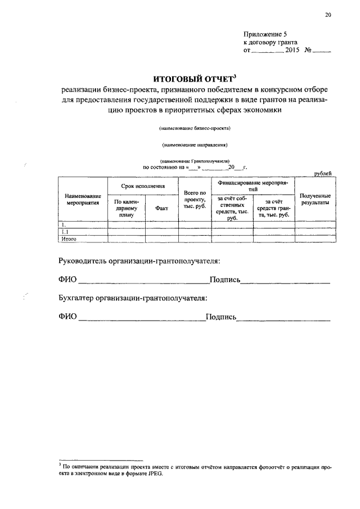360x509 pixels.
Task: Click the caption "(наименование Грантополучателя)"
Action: pos(195,161)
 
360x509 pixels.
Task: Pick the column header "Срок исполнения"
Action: pos(143,185)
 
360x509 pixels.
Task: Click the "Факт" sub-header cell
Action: pos(161,208)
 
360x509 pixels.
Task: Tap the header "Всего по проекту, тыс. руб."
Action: pos(194,200)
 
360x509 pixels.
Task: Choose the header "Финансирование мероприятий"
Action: pos(253,186)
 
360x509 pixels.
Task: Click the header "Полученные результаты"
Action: pos(316,199)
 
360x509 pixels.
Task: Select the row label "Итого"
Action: pos(69,239)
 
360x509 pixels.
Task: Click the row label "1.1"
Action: pos(65,232)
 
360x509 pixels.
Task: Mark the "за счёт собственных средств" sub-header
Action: pos(232,208)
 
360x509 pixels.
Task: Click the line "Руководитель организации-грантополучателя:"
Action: pos(139,261)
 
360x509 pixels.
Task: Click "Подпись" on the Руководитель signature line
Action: pos(225,280)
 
